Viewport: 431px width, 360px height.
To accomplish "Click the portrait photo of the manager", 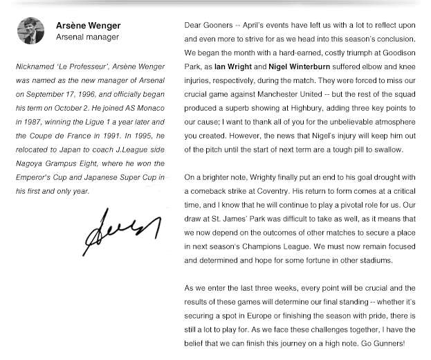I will point(30,31).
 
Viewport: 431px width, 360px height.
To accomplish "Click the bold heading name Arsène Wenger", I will point(88,26).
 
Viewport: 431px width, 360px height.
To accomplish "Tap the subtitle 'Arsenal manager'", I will point(87,37).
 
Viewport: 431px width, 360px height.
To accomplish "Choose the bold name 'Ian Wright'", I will point(232,67).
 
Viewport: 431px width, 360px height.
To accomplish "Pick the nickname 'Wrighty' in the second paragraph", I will point(266,178).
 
